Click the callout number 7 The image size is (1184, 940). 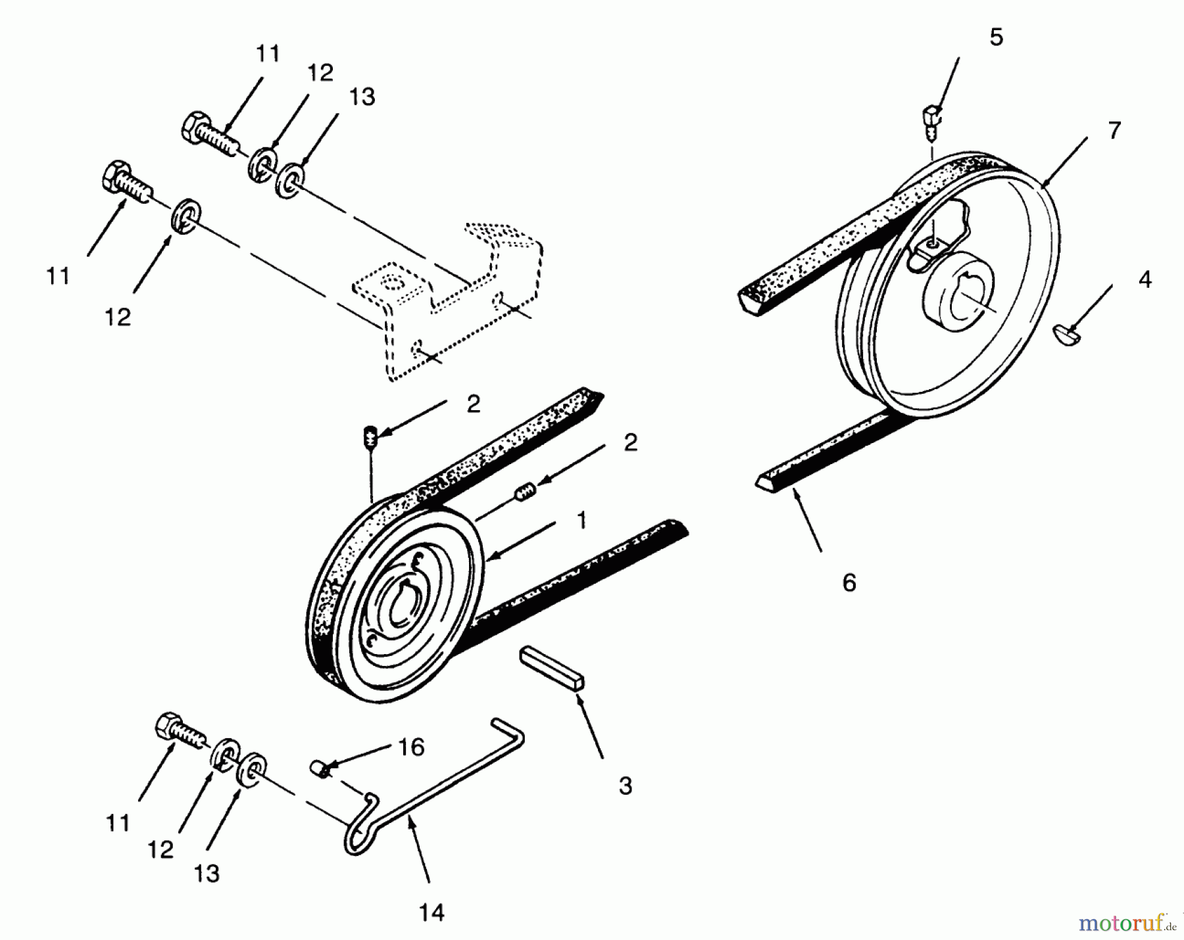coord(1114,131)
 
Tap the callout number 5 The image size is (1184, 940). coord(996,37)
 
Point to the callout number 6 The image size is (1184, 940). coord(849,582)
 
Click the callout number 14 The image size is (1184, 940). coord(432,912)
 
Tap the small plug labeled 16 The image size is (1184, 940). coord(320,768)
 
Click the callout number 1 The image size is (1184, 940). coord(581,521)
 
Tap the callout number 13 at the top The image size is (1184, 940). coord(362,97)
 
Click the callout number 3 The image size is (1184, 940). coord(625,786)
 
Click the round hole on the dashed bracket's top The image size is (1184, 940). coord(393,283)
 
